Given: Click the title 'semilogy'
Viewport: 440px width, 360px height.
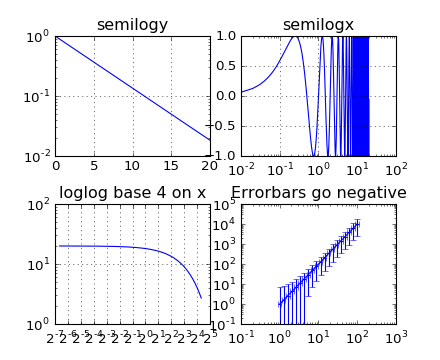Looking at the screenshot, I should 132,25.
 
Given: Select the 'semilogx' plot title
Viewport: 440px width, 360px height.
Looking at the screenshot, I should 318,25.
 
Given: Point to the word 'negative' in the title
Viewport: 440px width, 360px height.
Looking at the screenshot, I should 369,193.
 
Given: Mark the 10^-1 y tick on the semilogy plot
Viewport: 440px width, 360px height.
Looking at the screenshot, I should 37,97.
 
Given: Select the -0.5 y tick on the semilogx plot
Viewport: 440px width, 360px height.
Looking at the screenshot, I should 225,126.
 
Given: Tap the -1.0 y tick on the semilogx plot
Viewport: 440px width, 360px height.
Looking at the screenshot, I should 225,156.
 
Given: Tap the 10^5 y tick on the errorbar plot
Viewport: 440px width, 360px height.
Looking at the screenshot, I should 225,205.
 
